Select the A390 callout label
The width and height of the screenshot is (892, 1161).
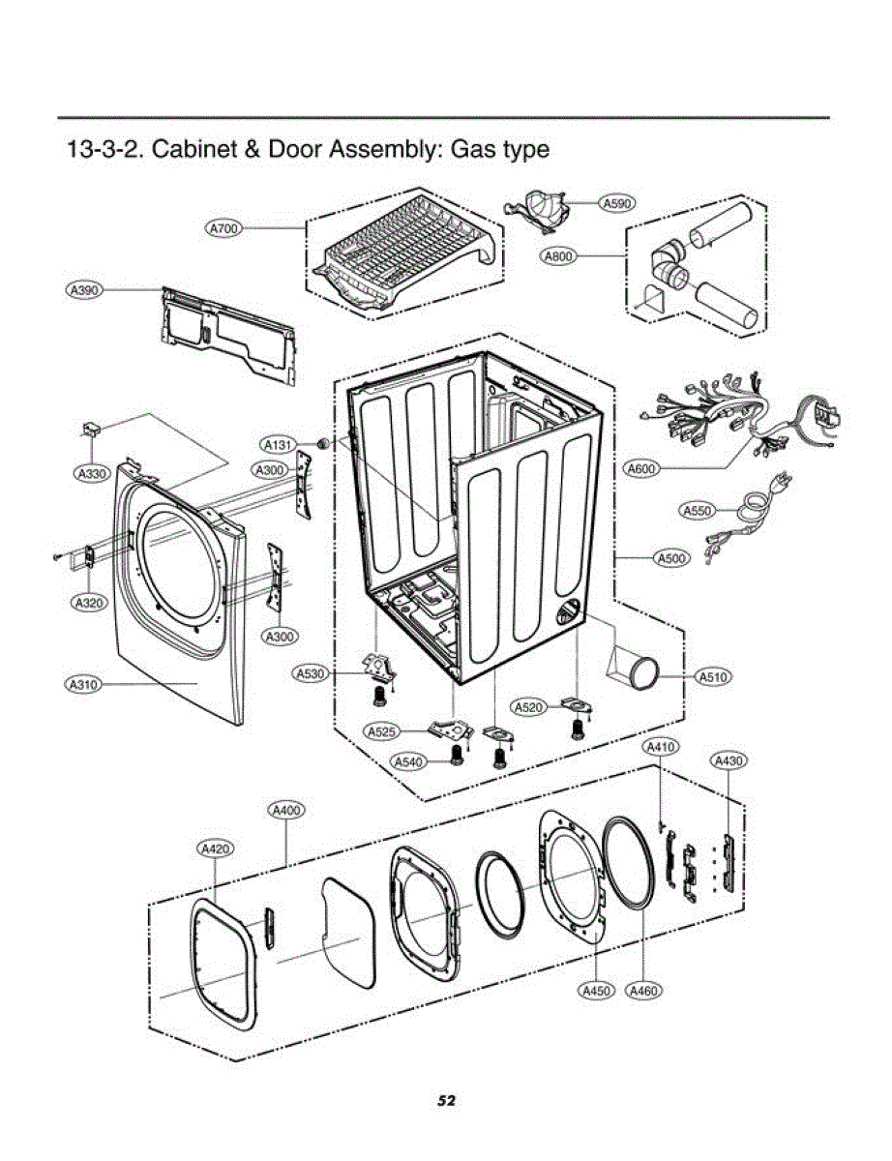[84, 289]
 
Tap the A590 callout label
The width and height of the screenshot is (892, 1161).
[616, 203]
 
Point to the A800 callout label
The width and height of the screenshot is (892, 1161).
[560, 255]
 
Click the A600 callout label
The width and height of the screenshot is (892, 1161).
[641, 469]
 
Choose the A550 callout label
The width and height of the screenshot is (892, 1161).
[699, 510]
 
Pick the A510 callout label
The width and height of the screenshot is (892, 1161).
[713, 677]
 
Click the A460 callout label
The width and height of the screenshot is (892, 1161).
[644, 991]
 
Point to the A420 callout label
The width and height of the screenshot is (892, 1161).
[215, 848]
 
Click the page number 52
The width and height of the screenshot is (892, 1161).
[446, 1100]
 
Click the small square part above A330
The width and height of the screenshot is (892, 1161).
[92, 429]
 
